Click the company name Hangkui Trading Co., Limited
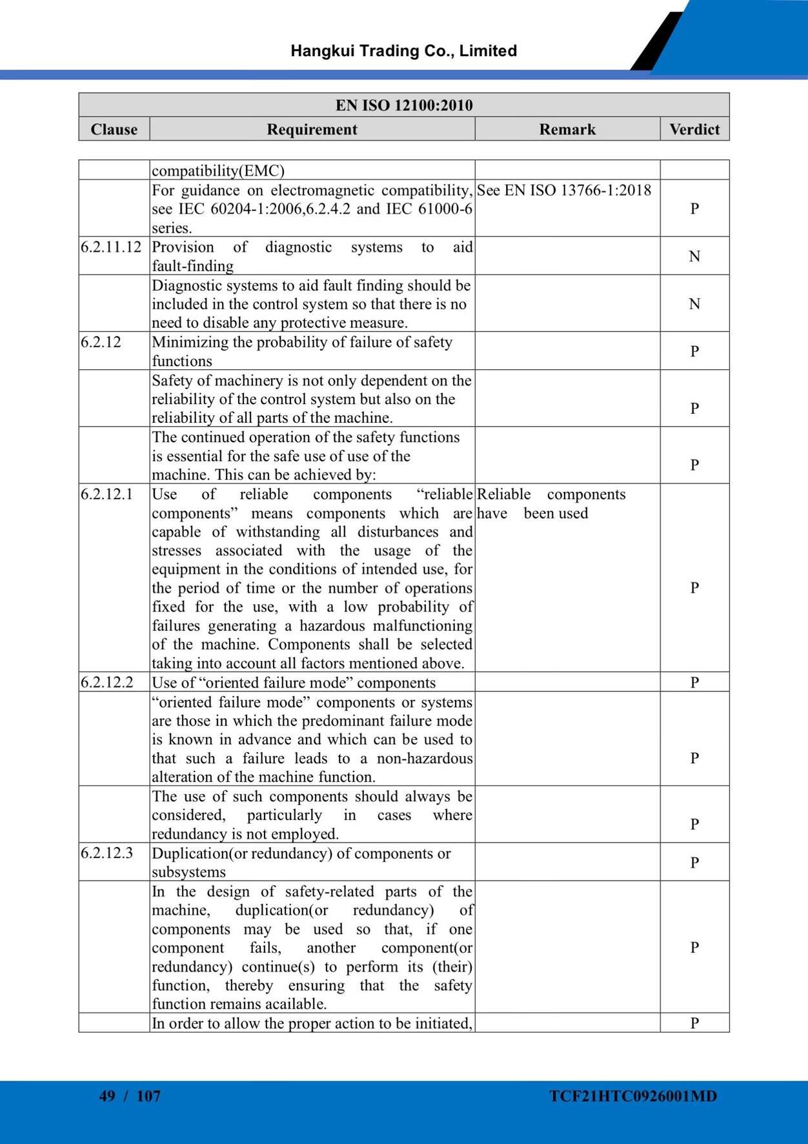403,51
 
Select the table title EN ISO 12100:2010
404,105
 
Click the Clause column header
114,129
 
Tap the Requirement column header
312,129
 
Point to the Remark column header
567,129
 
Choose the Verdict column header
694,129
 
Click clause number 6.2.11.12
111,247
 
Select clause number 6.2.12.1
106,495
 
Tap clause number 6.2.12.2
106,682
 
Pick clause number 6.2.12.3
106,853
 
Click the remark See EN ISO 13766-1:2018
564,190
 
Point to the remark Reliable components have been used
551,504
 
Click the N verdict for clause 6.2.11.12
694,256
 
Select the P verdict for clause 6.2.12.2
694,682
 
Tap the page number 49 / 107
130,1096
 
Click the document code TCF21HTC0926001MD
633,1096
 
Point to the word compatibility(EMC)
218,171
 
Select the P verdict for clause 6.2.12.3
694,863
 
